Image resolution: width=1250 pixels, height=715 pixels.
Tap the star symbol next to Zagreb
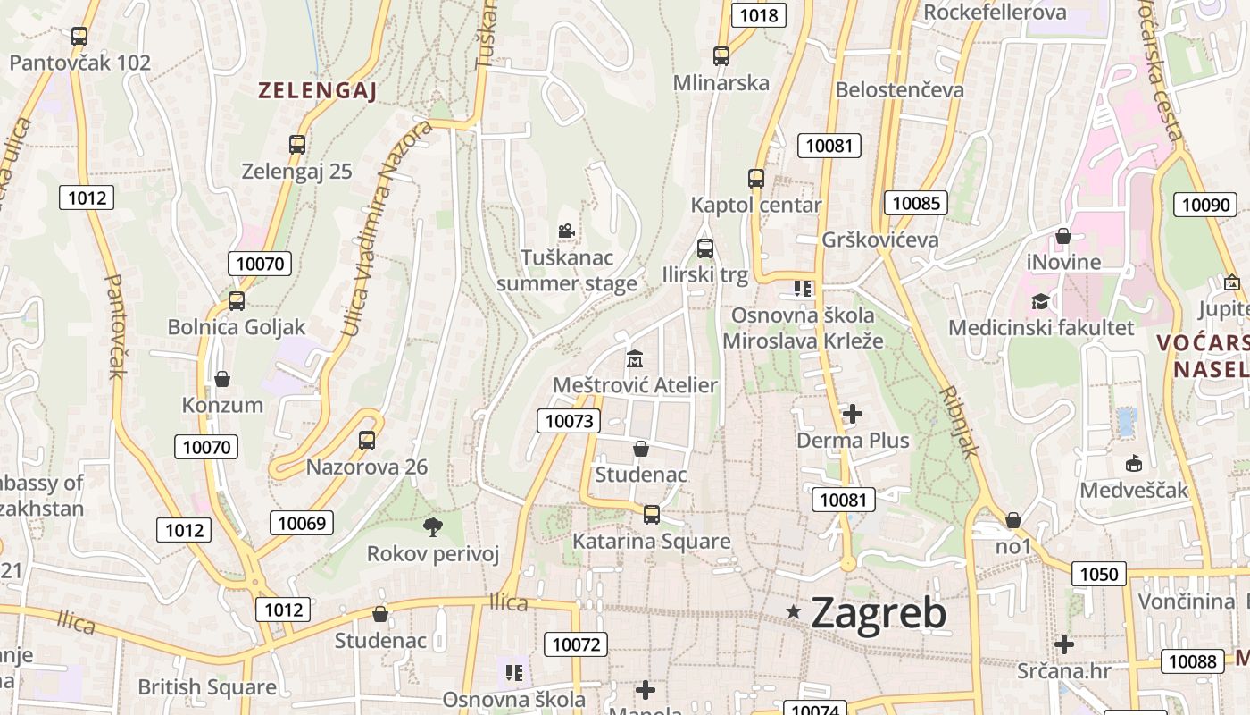(x=793, y=611)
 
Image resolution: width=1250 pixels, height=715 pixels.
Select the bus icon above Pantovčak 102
(x=79, y=37)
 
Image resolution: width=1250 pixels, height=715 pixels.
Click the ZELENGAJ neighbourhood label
(x=317, y=90)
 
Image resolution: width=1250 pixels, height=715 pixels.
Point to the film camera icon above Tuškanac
(x=566, y=231)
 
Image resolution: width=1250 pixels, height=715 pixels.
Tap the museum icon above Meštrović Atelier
(x=635, y=358)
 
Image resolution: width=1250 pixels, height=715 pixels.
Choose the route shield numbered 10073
(x=569, y=421)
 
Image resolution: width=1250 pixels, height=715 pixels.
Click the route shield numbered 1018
(x=758, y=15)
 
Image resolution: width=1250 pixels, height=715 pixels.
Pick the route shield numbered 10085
(x=916, y=203)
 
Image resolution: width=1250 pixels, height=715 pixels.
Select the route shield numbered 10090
(x=1205, y=205)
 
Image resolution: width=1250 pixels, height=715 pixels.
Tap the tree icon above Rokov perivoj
(x=433, y=526)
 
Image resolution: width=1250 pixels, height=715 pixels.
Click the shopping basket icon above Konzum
(x=222, y=379)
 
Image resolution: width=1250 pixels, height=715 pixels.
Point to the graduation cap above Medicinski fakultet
(x=1040, y=301)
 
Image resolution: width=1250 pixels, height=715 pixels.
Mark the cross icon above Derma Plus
(x=853, y=414)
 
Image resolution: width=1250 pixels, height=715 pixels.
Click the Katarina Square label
(x=651, y=542)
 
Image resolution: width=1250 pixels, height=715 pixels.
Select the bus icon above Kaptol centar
(x=756, y=178)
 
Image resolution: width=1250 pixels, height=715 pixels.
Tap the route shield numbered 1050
(x=1099, y=574)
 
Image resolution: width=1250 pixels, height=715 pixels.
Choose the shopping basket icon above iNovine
(x=1062, y=236)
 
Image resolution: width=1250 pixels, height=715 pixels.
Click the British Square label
(x=207, y=687)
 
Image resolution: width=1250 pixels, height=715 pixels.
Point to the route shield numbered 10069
(x=303, y=523)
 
